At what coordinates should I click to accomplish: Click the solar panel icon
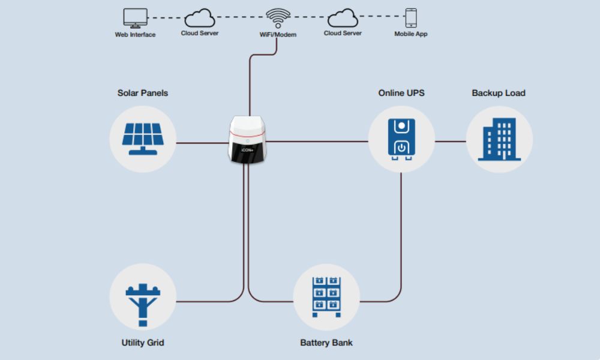pyautogui.click(x=143, y=139)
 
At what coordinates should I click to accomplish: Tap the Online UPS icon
pyautogui.click(x=401, y=140)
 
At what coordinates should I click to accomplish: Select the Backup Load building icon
pyautogui.click(x=499, y=139)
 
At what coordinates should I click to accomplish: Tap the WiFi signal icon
pyautogui.click(x=277, y=19)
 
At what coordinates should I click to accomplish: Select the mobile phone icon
pyautogui.click(x=411, y=17)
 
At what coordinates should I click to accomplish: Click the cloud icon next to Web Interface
pyautogui.click(x=199, y=18)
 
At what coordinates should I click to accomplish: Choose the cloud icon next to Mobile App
pyautogui.click(x=343, y=18)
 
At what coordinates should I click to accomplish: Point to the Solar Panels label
pyautogui.click(x=143, y=93)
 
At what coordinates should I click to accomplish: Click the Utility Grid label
pyautogui.click(x=143, y=343)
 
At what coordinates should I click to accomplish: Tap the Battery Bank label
pyautogui.click(x=326, y=343)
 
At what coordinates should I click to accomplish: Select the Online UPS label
pyautogui.click(x=401, y=93)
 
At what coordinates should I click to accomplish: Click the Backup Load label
pyautogui.click(x=499, y=93)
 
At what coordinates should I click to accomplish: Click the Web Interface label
pyautogui.click(x=135, y=34)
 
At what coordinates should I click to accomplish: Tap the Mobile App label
pyautogui.click(x=411, y=34)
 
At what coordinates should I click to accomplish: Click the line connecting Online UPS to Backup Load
pyautogui.click(x=450, y=142)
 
